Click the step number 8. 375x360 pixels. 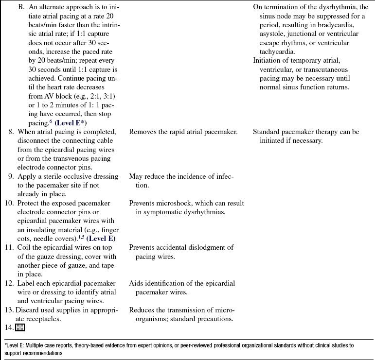[x=11, y=132]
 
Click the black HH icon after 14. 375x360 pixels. [x=20, y=328]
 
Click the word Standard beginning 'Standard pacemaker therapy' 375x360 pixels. [x=267, y=132]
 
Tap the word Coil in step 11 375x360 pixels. [x=25, y=248]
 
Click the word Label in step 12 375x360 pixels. [x=26, y=284]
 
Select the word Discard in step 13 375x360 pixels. [x=28, y=310]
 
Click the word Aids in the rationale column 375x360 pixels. [x=137, y=284]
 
